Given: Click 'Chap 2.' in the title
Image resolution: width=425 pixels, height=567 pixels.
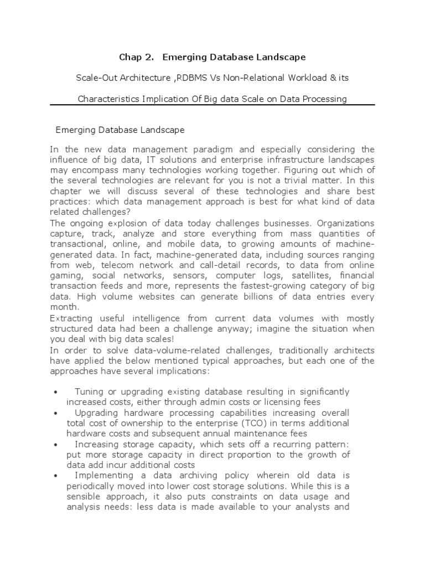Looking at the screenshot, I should pos(134,57).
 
